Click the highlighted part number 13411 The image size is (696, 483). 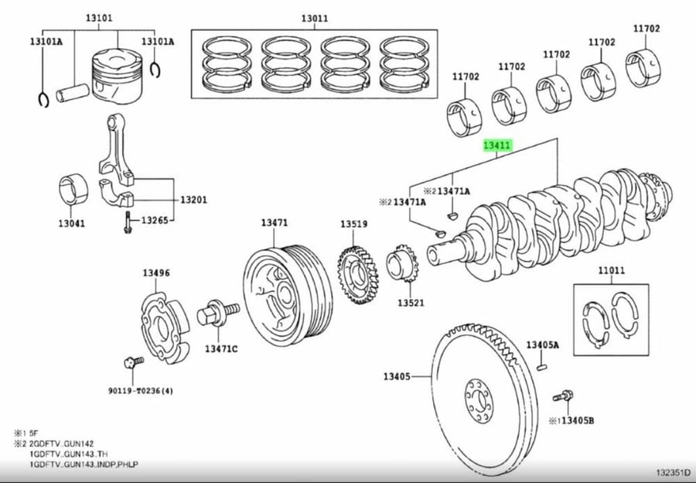[x=497, y=146]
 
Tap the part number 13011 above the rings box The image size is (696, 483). [x=315, y=19]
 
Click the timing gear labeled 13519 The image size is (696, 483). [x=357, y=276]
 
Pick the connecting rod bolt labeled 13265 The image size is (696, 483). [x=128, y=221]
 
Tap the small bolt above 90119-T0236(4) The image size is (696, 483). [x=134, y=362]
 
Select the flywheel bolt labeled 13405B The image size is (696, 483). [x=563, y=396]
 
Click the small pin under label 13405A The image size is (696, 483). [x=542, y=367]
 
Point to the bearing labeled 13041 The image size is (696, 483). [x=73, y=190]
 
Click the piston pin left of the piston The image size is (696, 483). [x=72, y=93]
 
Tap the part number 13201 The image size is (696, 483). [x=193, y=200]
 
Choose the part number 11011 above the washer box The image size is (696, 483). [x=611, y=270]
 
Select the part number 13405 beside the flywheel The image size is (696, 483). [x=397, y=377]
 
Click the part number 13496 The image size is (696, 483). [x=156, y=272]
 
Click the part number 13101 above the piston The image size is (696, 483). [x=99, y=19]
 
